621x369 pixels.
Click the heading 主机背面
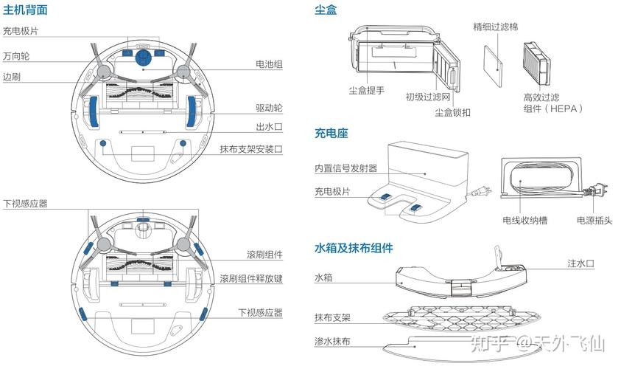coord(26,10)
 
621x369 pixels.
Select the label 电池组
coord(269,64)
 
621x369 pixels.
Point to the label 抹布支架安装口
coord(250,148)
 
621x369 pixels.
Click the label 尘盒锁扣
coord(452,112)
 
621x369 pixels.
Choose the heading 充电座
coord(331,134)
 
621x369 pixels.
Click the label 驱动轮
coord(269,108)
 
